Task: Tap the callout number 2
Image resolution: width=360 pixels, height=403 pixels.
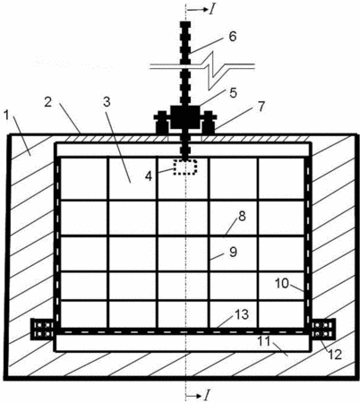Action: [x=48, y=102]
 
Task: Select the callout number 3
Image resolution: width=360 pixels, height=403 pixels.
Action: [x=107, y=102]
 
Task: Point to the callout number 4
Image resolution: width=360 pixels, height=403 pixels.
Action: [x=149, y=176]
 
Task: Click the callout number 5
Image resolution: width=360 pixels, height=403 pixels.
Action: [x=233, y=93]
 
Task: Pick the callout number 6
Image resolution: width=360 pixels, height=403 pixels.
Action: [x=233, y=37]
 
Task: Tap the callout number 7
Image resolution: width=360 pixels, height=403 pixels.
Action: [x=261, y=107]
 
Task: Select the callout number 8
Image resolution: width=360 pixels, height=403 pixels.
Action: [x=242, y=216]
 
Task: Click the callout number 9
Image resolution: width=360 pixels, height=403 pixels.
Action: [x=233, y=252]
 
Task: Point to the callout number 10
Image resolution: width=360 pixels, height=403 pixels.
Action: [x=282, y=283]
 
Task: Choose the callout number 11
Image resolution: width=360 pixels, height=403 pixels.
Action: [x=264, y=341]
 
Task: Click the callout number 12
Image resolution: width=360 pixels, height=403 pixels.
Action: [x=334, y=355]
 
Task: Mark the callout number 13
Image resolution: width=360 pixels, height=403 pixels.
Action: [x=242, y=314]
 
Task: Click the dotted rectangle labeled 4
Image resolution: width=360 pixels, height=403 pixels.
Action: [x=185, y=167]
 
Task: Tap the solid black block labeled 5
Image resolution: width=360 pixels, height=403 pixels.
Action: [x=185, y=116]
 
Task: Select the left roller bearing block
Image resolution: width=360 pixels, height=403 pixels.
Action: [x=42, y=330]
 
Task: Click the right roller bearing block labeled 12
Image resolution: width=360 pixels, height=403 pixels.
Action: [x=323, y=330]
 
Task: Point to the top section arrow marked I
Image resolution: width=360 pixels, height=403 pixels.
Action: [x=197, y=10]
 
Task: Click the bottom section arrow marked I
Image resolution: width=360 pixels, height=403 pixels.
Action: [x=197, y=396]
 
